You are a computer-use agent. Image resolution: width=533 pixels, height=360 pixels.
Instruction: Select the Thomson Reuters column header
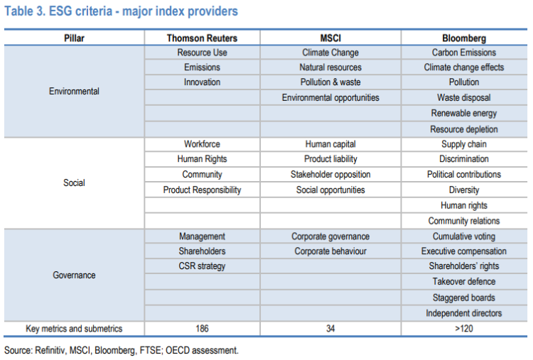202,38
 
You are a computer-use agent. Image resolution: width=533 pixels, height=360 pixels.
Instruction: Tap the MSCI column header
330,38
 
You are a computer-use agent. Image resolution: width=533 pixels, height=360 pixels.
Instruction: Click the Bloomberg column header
464,38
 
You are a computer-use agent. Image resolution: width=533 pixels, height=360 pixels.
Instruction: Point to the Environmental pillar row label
74,91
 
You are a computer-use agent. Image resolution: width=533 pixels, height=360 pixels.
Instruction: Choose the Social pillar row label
74,182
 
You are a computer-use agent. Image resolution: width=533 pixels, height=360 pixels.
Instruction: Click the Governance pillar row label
74,275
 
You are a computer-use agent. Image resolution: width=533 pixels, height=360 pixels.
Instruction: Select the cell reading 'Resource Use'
202,53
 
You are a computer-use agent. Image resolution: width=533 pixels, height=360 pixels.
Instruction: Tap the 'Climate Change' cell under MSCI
330,53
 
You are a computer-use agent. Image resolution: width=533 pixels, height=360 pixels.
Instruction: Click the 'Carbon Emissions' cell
464,53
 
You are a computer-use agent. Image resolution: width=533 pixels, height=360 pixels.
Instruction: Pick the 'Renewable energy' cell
464,114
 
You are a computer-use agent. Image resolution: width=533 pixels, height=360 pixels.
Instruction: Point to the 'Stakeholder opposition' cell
330,175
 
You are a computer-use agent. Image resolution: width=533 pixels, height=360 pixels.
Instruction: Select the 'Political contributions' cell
464,175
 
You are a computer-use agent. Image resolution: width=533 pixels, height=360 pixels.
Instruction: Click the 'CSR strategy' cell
202,266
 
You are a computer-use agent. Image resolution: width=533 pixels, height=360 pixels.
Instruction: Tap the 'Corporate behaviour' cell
330,251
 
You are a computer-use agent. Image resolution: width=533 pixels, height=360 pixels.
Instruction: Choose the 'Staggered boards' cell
464,298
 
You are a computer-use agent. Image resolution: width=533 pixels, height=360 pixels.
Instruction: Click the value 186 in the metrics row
202,329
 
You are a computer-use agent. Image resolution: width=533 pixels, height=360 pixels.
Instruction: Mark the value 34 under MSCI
330,329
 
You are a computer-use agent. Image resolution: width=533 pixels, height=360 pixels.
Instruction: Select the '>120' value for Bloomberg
464,329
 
